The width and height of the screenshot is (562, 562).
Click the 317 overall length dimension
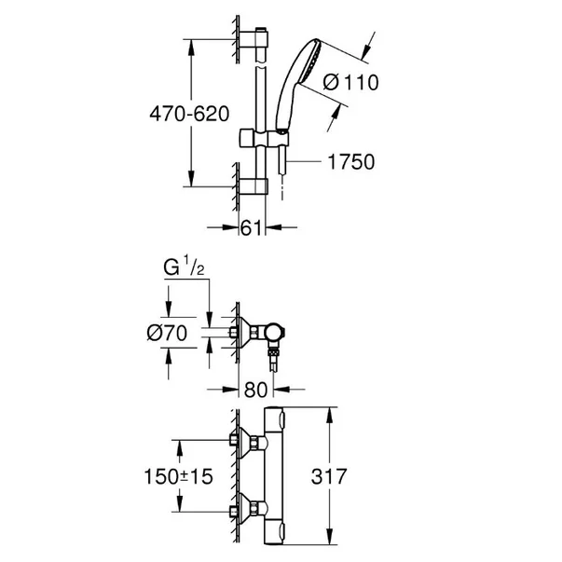coord(357,476)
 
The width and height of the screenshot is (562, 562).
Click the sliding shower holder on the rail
coord(269,141)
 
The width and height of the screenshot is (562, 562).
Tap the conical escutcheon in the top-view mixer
coord(246,330)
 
